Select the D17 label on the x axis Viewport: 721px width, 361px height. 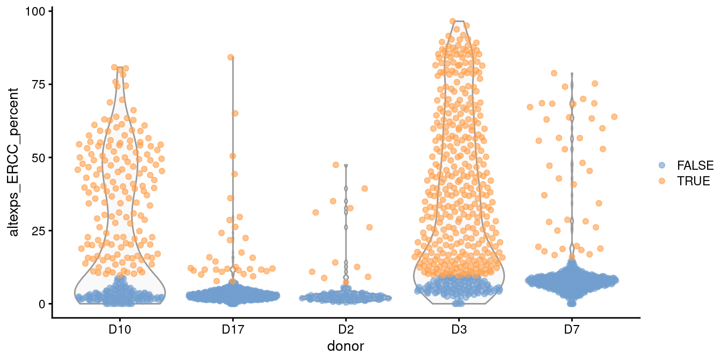click(233, 329)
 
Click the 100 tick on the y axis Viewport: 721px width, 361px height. click(38, 11)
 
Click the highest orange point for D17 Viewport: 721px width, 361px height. click(231, 57)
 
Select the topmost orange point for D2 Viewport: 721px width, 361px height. click(336, 164)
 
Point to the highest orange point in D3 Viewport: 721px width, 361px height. click(453, 21)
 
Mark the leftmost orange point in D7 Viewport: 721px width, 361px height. click(530, 107)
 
